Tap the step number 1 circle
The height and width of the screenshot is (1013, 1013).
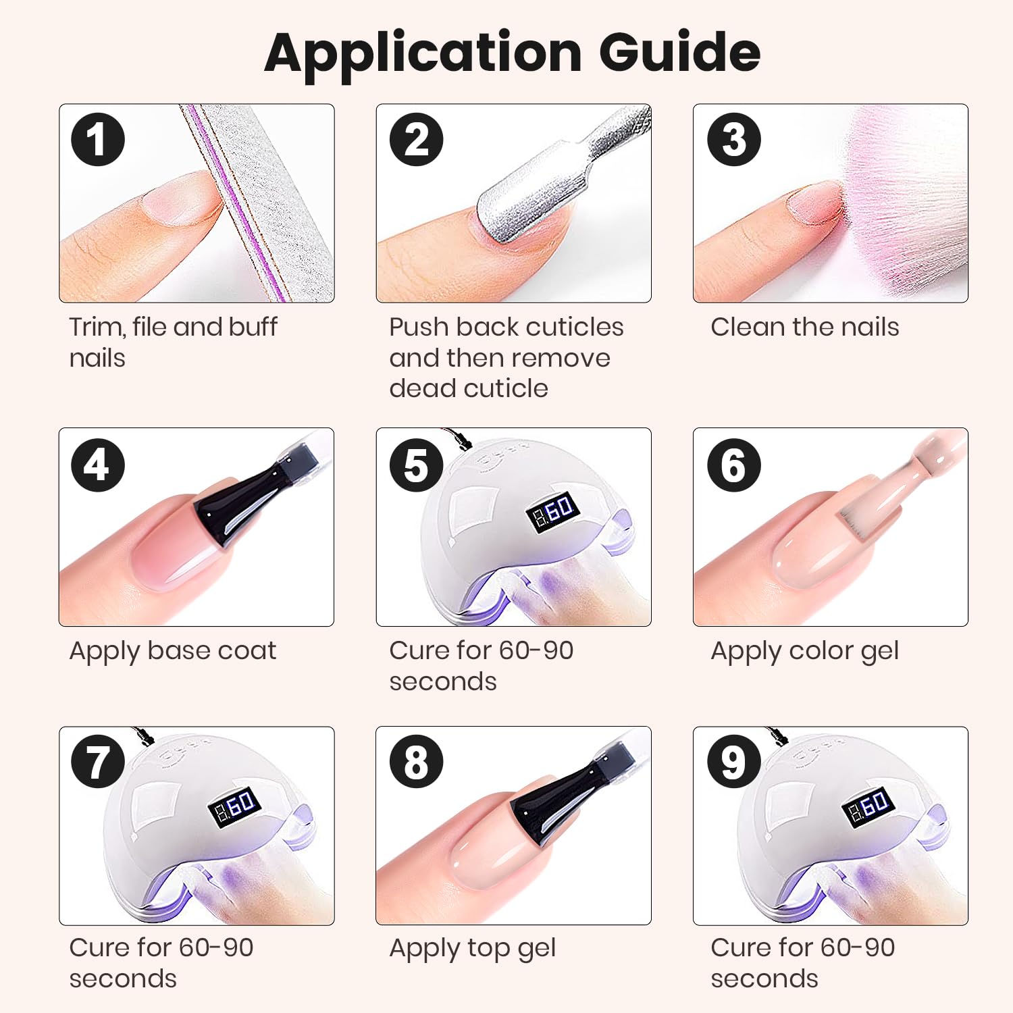click(98, 140)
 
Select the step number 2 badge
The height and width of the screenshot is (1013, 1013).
click(416, 140)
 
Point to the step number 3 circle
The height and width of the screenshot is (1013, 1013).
click(733, 140)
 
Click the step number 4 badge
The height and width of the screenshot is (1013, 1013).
click(98, 465)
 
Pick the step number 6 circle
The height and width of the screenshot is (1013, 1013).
click(733, 465)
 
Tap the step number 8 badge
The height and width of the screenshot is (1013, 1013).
click(416, 762)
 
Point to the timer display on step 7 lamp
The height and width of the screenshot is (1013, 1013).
click(234, 806)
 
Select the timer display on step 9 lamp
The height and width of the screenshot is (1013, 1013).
click(869, 806)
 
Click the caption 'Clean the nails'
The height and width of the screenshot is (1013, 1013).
click(805, 327)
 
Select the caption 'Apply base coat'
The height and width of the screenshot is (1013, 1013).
click(173, 652)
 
